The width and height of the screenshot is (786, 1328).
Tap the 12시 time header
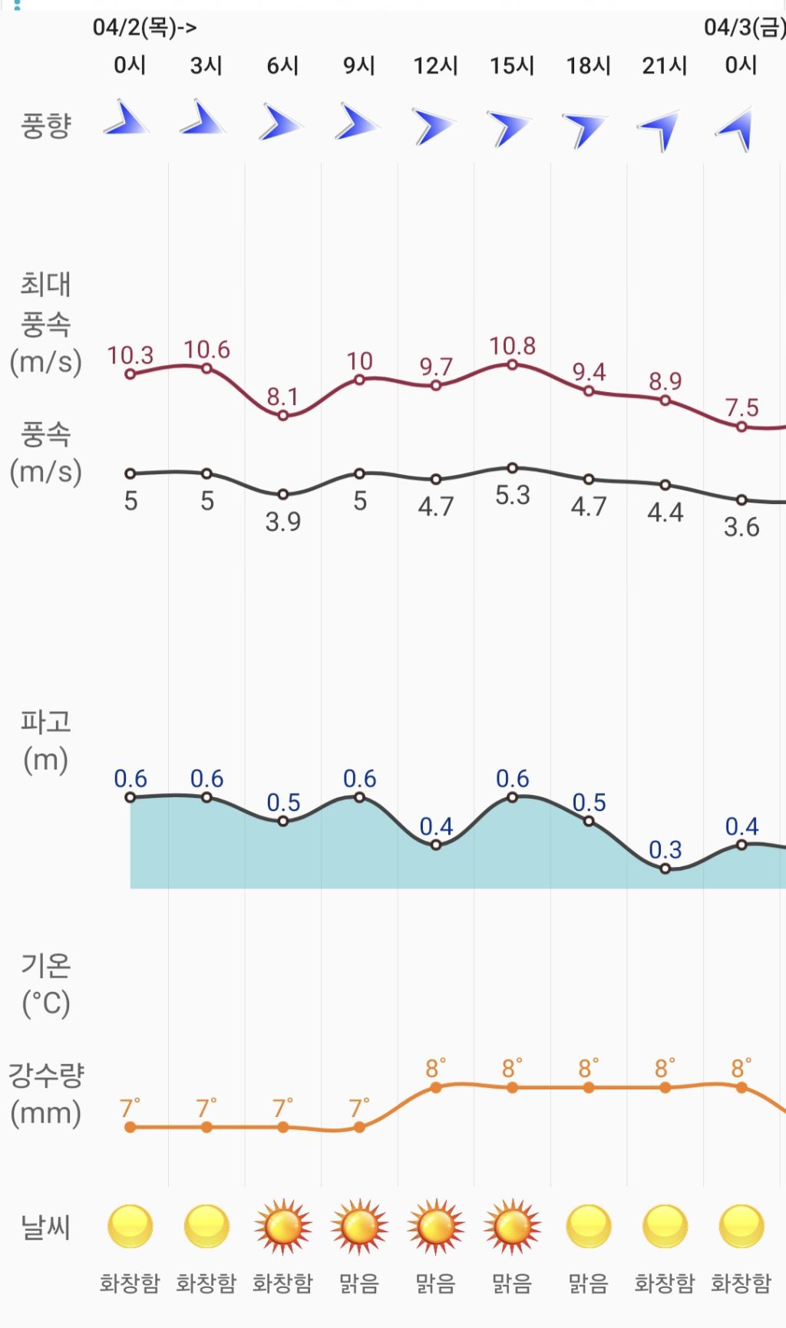[435, 66]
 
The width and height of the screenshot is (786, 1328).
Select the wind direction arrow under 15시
[510, 127]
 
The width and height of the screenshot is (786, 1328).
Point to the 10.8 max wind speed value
[512, 346]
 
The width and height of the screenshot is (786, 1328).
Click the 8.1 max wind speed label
[282, 397]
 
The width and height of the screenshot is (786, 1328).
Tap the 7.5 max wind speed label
[741, 407]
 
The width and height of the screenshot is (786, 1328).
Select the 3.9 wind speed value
[282, 522]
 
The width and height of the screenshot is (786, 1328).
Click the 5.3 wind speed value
[512, 495]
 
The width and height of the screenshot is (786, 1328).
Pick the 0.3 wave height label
[665, 850]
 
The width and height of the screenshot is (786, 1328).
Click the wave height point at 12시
[436, 845]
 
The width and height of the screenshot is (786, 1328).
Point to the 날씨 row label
[46, 1227]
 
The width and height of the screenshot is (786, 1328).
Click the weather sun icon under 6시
[282, 1227]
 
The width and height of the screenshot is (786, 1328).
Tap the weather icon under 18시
[589, 1227]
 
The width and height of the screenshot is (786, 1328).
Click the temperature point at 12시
[436, 1087]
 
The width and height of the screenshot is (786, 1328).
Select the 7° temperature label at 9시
[358, 1109]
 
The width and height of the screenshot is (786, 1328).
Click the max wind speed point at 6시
[283, 416]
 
